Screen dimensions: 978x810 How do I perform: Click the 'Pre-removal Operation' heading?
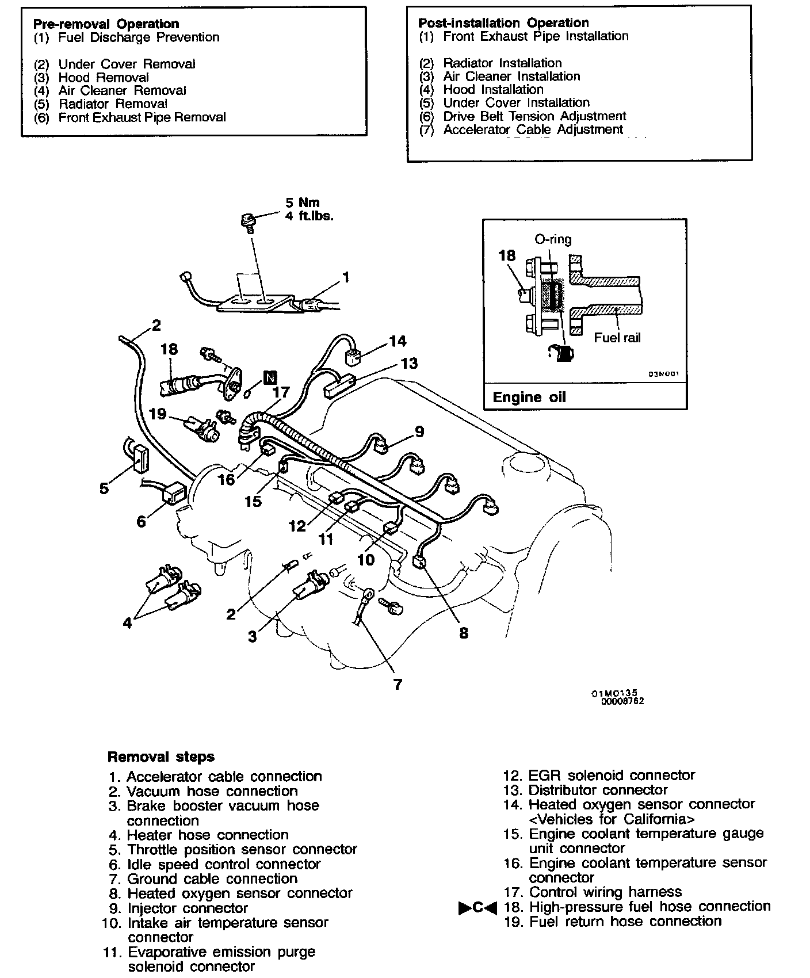click(106, 24)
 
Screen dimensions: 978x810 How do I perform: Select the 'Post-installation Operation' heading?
click(503, 22)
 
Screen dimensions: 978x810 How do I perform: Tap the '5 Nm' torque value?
click(302, 203)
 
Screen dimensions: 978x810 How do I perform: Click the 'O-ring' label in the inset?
click(553, 239)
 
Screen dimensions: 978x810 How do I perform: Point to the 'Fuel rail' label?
click(617, 338)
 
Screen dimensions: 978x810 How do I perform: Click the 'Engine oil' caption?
click(529, 397)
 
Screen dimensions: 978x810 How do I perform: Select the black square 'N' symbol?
click(270, 377)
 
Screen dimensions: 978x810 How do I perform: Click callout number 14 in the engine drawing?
click(397, 341)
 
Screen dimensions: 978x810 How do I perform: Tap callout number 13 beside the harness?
click(409, 363)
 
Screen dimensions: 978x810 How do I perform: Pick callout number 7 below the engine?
click(397, 684)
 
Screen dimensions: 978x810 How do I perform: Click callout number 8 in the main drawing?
click(464, 633)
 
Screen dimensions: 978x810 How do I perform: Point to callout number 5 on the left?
click(104, 488)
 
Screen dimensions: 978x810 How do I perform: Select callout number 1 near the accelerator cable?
click(346, 277)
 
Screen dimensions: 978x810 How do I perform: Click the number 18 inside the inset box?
click(507, 255)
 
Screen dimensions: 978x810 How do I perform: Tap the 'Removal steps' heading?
click(161, 757)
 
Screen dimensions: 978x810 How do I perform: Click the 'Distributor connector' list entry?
click(598, 790)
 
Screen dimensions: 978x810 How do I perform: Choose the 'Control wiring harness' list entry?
click(605, 892)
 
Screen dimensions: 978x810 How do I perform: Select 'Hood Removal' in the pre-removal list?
click(104, 77)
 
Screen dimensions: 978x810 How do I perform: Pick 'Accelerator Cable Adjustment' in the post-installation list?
click(533, 129)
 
